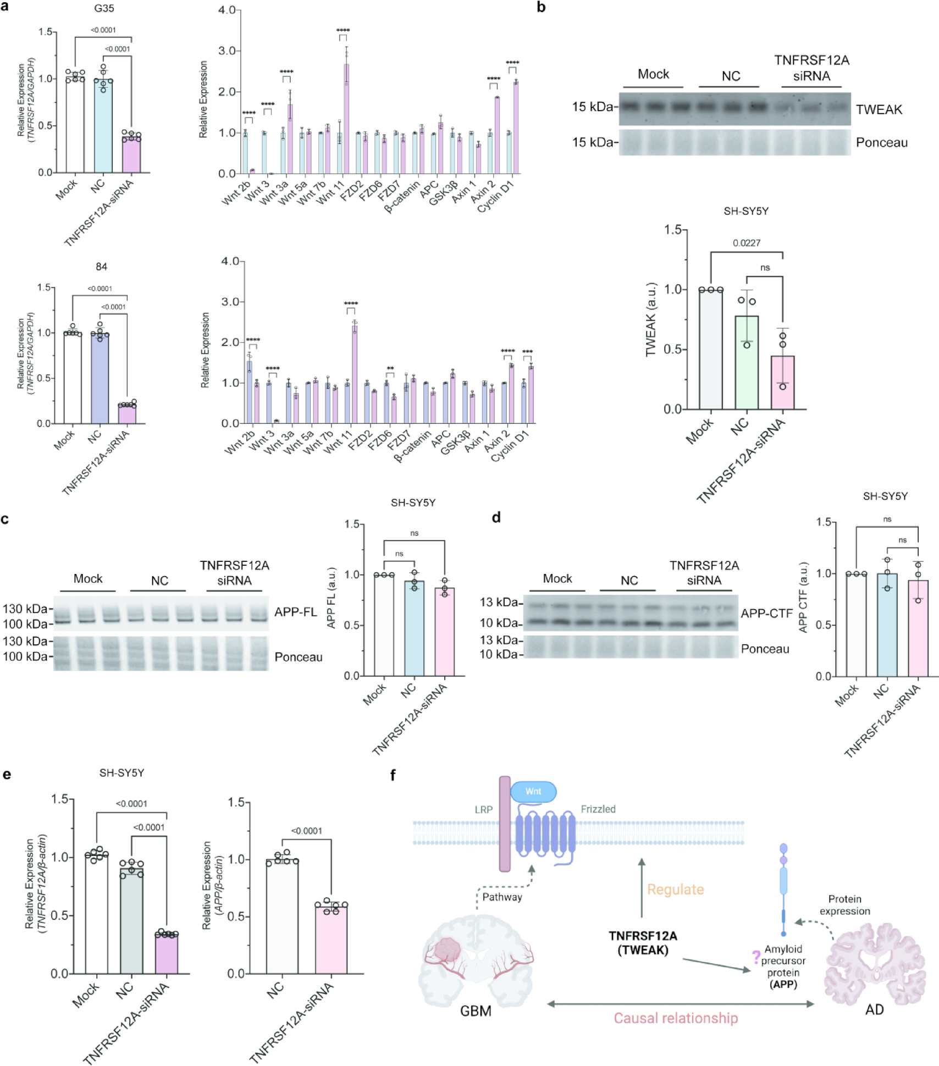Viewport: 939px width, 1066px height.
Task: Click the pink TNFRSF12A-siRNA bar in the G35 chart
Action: click(131, 154)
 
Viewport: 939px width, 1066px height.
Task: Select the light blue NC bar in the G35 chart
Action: click(103, 126)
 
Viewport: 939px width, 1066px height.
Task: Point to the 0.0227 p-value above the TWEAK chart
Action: click(746, 243)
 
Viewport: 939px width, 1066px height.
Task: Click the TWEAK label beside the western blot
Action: click(879, 110)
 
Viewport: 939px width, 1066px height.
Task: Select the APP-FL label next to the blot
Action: click(296, 612)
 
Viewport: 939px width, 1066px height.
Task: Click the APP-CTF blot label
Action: click(766, 614)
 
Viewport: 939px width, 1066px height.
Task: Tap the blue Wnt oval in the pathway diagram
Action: click(533, 792)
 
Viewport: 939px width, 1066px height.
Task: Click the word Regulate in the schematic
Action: click(675, 890)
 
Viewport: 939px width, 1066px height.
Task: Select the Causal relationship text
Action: click(675, 1018)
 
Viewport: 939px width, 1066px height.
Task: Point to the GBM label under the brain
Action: click(476, 1010)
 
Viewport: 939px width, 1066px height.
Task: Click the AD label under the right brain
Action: click(874, 1010)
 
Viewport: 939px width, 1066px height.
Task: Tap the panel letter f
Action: click(393, 775)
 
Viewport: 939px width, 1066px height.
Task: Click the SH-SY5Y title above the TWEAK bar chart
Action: click(746, 211)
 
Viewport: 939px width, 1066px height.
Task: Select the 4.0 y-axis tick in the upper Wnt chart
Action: click(227, 10)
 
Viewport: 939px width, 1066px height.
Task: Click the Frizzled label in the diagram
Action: click(598, 809)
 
